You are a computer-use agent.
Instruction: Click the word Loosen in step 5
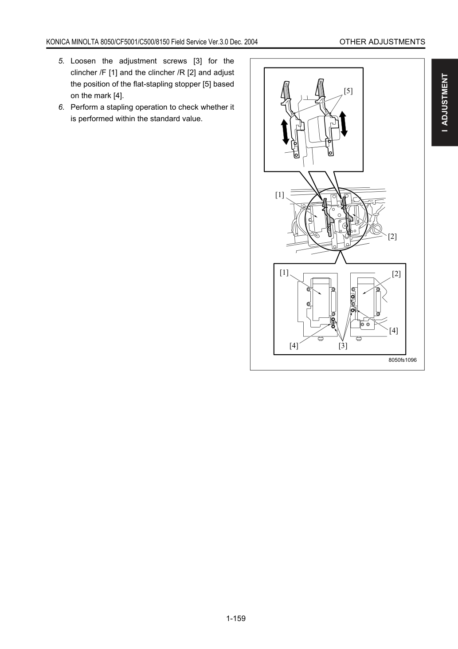(x=83, y=61)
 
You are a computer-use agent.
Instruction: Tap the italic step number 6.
(x=61, y=107)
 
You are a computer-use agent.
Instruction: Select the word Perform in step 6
(x=84, y=107)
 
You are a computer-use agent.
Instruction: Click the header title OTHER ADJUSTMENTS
(x=382, y=42)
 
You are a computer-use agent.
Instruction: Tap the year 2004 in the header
(x=251, y=42)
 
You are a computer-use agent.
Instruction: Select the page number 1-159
(x=236, y=618)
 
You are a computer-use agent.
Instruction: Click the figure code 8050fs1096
(x=403, y=360)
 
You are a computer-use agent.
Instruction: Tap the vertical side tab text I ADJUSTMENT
(x=445, y=103)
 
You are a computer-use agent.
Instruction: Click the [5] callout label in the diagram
(x=348, y=91)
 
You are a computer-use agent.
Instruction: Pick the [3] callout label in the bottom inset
(x=343, y=346)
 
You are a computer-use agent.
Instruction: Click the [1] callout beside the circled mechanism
(x=279, y=195)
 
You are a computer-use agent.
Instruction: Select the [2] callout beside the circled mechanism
(x=392, y=237)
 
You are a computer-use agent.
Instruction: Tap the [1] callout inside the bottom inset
(x=284, y=273)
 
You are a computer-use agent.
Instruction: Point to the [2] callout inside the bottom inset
(x=396, y=274)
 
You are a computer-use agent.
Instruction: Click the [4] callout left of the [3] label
(x=294, y=346)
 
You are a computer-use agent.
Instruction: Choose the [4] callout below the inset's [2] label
(x=393, y=331)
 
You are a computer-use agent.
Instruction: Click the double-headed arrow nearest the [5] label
(x=343, y=124)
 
